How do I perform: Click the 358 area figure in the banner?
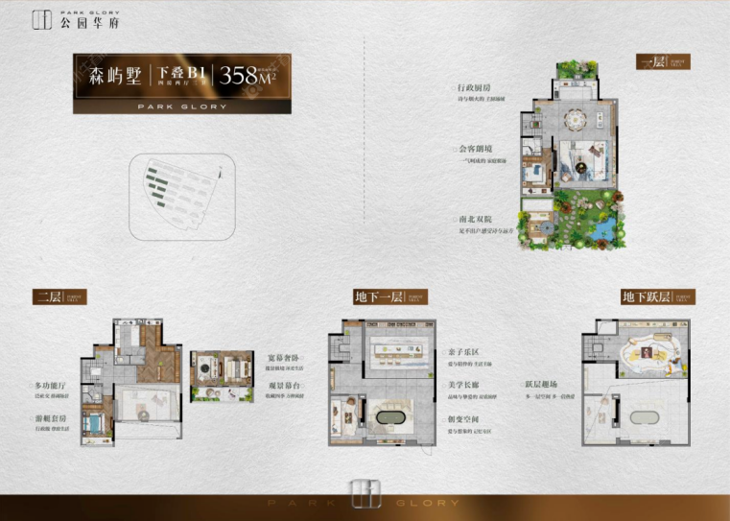coord(245,77)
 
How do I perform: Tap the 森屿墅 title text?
coord(114,77)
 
